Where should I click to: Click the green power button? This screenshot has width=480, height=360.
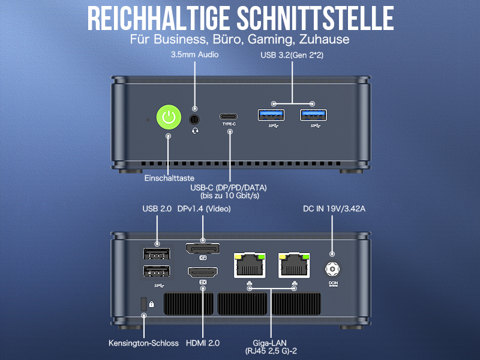[169, 116]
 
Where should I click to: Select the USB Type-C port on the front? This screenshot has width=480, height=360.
[229, 116]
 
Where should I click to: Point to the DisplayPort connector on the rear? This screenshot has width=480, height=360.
[202, 248]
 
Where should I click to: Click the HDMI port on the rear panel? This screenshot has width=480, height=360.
[202, 272]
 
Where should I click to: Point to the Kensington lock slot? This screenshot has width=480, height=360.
[143, 304]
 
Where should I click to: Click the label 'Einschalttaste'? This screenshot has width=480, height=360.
[169, 178]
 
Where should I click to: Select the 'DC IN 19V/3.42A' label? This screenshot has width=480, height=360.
[333, 209]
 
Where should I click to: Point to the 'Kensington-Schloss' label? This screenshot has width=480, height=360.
[143, 343]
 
